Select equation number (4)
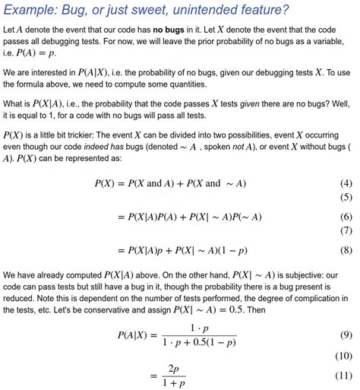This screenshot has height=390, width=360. (x=346, y=184)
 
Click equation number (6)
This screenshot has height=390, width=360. (x=346, y=217)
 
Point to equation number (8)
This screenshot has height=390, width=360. (x=346, y=249)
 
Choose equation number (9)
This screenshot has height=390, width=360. (x=346, y=335)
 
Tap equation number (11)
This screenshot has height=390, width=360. (x=345, y=376)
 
